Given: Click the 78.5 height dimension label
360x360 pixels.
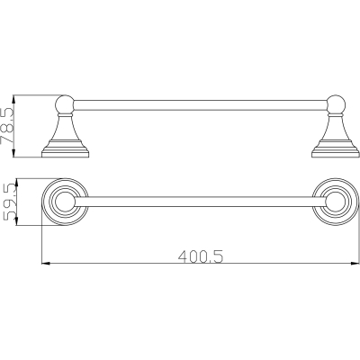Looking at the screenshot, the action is coord(7,126).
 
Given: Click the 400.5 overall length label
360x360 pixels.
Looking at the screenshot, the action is coord(201,257).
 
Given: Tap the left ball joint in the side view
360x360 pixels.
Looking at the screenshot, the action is coord(65,104).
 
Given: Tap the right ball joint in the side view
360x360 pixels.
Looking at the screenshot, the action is coord(336,104).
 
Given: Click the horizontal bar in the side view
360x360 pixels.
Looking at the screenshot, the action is coord(200,105).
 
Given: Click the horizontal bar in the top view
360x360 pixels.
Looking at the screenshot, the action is coord(200,202).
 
